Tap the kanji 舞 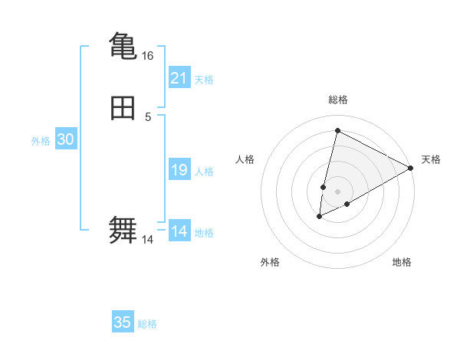coord(123,231)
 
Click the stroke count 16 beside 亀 coord(147,56)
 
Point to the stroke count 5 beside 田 coord(148,117)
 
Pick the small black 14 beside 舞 coord(147,240)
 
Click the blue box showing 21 coord(179,78)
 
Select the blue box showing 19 coord(179,170)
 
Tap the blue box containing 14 coord(179,231)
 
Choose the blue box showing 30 coord(66,139)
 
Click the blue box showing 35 coord(123,322)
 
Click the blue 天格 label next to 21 coord(204,80)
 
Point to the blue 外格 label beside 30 coord(41,141)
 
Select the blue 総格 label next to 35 coord(147,324)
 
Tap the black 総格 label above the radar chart coord(338,100)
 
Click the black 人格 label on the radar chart coord(245,159)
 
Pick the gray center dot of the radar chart coord(338,191)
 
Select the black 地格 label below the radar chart coord(402,262)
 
